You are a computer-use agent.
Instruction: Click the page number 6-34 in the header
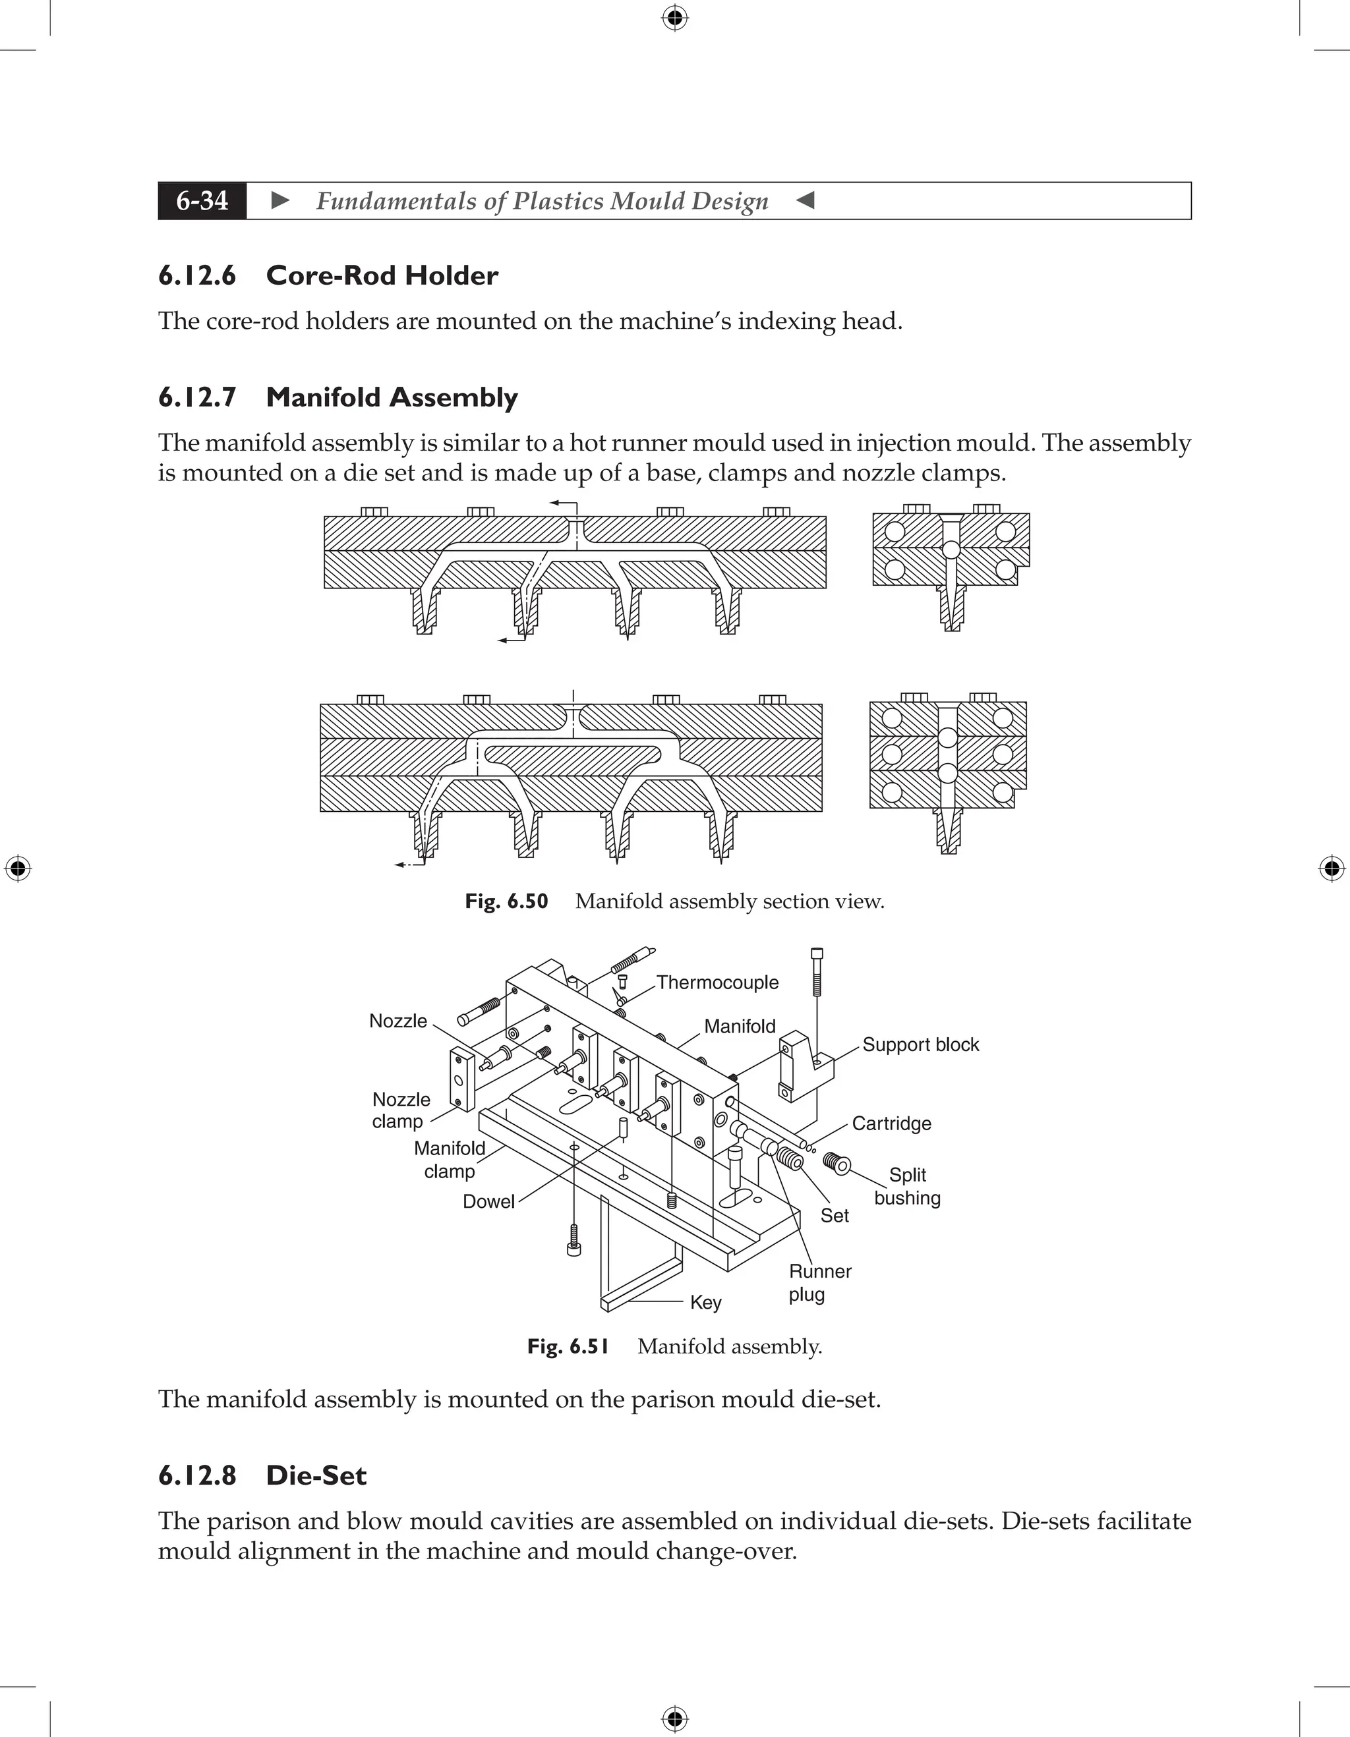click(x=202, y=200)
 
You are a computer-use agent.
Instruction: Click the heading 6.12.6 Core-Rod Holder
click(x=328, y=275)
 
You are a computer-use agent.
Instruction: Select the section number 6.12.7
click(x=197, y=397)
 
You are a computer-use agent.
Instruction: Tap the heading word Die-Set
click(x=316, y=1475)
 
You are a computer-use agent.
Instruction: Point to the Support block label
click(x=920, y=1044)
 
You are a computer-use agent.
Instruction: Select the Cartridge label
click(x=891, y=1123)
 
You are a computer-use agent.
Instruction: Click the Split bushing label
click(x=907, y=1186)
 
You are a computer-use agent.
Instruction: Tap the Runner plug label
click(x=819, y=1282)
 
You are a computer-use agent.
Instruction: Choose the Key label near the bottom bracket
click(x=705, y=1302)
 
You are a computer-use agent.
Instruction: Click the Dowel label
click(x=488, y=1201)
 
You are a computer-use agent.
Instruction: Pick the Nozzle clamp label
click(x=401, y=1110)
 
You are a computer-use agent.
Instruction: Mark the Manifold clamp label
click(x=450, y=1160)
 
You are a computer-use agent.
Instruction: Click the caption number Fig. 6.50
click(x=507, y=901)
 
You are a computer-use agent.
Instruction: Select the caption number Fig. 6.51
click(x=568, y=1346)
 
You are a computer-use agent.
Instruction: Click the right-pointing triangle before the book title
click(x=280, y=200)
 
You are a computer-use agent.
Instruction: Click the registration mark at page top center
click(x=674, y=16)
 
